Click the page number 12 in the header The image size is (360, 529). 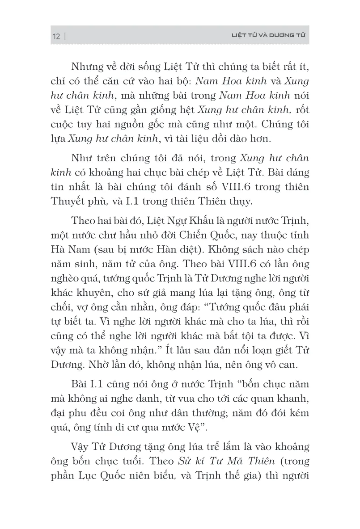pyautogui.click(x=56, y=36)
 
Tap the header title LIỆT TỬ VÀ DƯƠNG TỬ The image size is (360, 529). pyautogui.click(x=263, y=35)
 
